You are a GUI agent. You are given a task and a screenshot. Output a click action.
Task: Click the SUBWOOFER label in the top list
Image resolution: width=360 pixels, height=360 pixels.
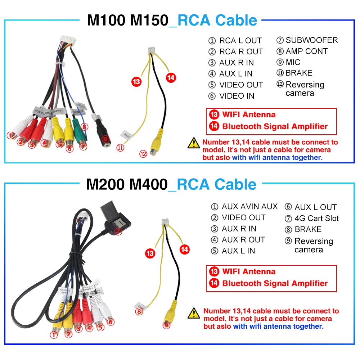pyautogui.click(x=311, y=40)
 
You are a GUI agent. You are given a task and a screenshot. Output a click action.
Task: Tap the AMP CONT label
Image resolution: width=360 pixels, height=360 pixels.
pyautogui.click(x=306, y=51)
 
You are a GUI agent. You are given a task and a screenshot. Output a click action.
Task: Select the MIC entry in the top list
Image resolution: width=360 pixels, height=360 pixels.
pyautogui.click(x=293, y=62)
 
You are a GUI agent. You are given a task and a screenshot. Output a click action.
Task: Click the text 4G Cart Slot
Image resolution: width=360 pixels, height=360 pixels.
pyautogui.click(x=316, y=218)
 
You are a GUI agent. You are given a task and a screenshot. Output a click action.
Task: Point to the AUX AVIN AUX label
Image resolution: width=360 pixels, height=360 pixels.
pyautogui.click(x=249, y=207)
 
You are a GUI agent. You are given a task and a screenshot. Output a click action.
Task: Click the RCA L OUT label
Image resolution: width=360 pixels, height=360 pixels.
pyautogui.click(x=240, y=41)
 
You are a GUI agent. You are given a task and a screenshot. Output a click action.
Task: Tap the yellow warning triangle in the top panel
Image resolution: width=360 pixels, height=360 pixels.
pyautogui.click(x=194, y=143)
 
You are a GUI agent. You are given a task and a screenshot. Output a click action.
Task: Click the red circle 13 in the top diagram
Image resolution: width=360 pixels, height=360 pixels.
pyautogui.click(x=136, y=82)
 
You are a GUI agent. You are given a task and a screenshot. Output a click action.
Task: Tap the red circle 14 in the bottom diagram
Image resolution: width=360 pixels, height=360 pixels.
pyautogui.click(x=184, y=249)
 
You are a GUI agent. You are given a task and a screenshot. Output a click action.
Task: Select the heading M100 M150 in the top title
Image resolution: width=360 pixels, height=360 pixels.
pyautogui.click(x=127, y=21)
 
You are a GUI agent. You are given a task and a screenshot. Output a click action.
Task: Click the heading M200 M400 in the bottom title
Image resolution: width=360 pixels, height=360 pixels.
pyautogui.click(x=127, y=185)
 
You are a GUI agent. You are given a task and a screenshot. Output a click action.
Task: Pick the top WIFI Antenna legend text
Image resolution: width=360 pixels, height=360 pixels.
pyautogui.click(x=248, y=115)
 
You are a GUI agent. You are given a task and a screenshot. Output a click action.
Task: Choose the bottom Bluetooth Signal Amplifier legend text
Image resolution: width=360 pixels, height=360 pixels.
pyautogui.click(x=275, y=283)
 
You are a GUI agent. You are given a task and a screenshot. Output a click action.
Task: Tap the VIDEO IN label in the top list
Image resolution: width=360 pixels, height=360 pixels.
pyautogui.click(x=237, y=96)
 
